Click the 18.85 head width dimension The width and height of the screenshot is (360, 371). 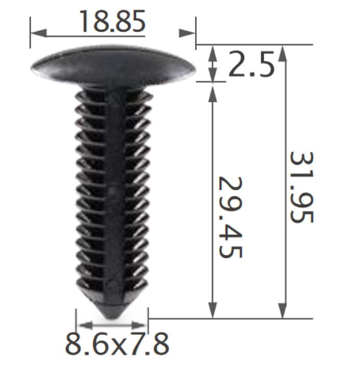tap(111, 21)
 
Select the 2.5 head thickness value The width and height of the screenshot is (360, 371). tap(251, 65)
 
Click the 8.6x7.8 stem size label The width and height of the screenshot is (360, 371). tap(117, 343)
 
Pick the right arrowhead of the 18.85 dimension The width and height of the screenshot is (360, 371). tap(187, 33)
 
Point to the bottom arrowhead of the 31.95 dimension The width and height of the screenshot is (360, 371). tap(282, 310)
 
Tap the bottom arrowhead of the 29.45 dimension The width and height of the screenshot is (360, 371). tap(212, 310)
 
